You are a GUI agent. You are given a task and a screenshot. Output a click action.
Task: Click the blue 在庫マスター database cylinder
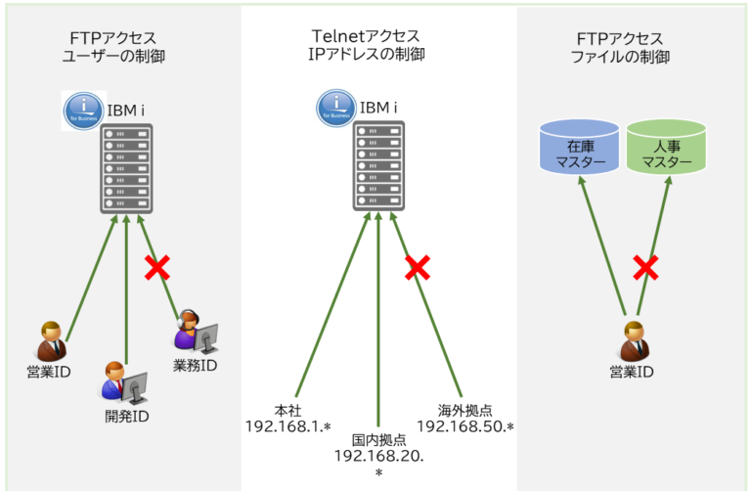(x=580, y=148)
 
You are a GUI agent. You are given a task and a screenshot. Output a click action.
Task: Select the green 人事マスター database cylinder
(x=666, y=148)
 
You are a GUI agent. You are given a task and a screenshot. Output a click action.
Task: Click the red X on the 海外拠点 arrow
(x=419, y=266)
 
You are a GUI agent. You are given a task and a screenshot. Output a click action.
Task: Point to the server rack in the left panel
(x=125, y=168)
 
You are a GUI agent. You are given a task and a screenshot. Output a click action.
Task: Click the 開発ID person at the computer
(x=123, y=382)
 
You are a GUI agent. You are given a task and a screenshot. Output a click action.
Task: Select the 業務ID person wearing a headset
(x=194, y=331)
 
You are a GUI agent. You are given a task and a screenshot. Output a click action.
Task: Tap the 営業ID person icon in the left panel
(x=50, y=341)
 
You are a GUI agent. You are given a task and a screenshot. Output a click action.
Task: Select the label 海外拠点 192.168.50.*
(x=465, y=419)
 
